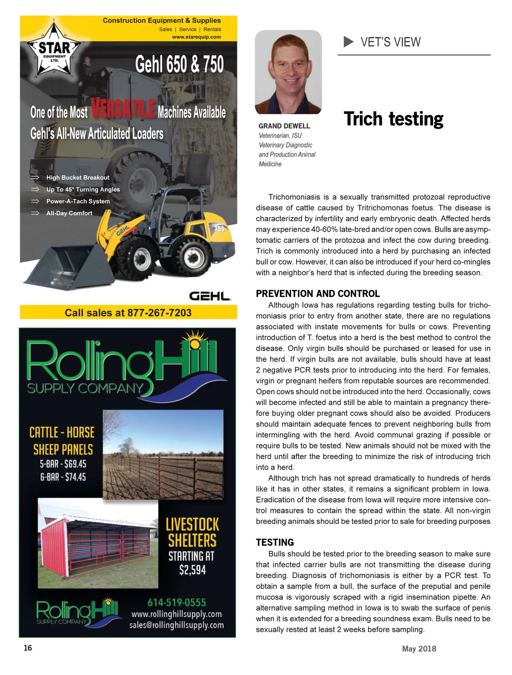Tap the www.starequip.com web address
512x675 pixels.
pos(196,37)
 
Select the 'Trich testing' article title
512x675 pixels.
pos(393,119)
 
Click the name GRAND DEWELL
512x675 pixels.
pos(284,126)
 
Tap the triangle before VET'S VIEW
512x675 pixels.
pos(349,42)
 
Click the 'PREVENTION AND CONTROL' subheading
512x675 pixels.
pos(318,294)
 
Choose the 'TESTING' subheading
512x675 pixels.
pos(275,542)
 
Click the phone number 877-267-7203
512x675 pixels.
pos(159,313)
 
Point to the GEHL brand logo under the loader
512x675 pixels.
pos(209,296)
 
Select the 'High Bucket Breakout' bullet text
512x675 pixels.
pos(78,177)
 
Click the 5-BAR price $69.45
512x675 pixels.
pos(76,464)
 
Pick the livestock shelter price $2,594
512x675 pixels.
pos(192,570)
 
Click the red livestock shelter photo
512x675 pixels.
pos(98,544)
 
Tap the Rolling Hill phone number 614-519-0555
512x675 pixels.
pos(177,602)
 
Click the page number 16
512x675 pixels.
pos(28,648)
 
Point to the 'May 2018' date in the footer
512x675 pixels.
pos(419,649)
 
